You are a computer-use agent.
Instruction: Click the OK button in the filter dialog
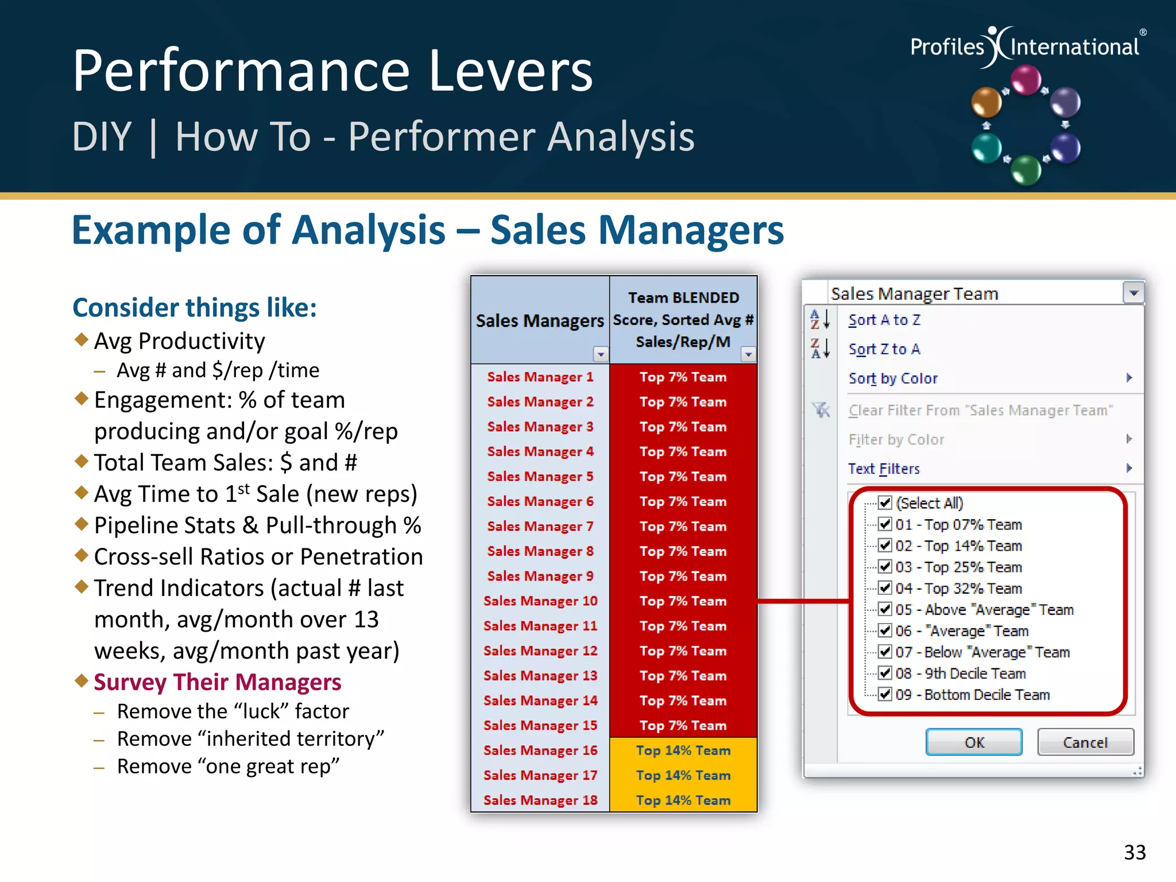973,742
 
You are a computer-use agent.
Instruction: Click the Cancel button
1085,742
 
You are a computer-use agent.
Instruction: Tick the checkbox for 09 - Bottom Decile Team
885,694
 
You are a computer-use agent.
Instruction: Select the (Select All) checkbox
885,503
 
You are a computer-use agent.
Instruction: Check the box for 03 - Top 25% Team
885,567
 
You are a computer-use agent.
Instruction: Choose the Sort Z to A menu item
884,349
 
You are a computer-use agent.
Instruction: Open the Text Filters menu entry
884,469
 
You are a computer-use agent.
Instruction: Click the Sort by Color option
893,378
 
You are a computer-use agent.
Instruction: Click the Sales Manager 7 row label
540,526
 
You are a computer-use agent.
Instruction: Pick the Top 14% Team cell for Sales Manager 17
683,775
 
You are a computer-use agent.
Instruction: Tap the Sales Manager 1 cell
540,377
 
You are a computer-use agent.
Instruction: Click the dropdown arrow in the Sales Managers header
601,354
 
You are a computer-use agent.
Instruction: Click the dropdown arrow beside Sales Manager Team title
1133,293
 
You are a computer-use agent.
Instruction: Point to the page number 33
1134,852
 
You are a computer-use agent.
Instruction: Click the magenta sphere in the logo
1026,80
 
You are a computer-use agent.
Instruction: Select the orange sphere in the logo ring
985,103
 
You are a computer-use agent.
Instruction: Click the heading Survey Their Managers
217,682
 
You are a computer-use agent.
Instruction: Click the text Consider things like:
194,308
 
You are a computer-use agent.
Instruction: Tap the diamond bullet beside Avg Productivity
82,339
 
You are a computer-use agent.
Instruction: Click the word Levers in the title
510,71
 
